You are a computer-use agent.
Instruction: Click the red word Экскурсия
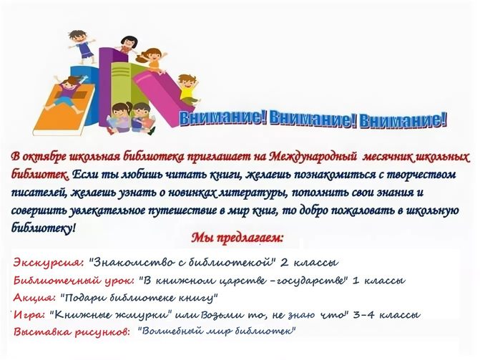pos(49,263)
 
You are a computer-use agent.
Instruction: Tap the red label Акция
pos(34,298)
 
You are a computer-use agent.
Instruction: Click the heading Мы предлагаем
pos(237,238)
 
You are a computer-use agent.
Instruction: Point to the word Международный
pos(314,157)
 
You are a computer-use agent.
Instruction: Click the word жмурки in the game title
pos(147,315)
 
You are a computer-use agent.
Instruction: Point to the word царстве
pos(242,281)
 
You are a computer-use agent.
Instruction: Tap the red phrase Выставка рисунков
pos(72,332)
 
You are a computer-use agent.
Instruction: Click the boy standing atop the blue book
pos(81,47)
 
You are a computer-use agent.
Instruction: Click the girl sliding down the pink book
pos(152,61)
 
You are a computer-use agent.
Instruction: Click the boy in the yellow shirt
pos(188,90)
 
